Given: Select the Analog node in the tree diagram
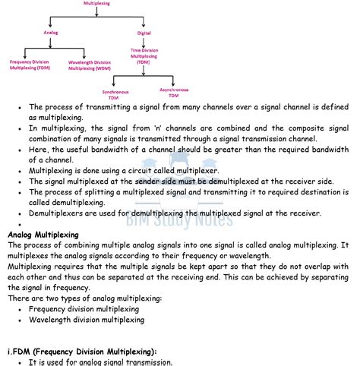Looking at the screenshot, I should (51, 33).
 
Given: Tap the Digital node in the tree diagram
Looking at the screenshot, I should (144, 33).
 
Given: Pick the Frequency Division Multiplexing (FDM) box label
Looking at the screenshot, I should (30, 65).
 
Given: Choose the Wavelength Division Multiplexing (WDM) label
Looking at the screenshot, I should (90, 65).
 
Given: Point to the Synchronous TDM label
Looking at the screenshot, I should (115, 93).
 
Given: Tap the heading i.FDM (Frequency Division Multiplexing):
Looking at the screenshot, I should (81, 351).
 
